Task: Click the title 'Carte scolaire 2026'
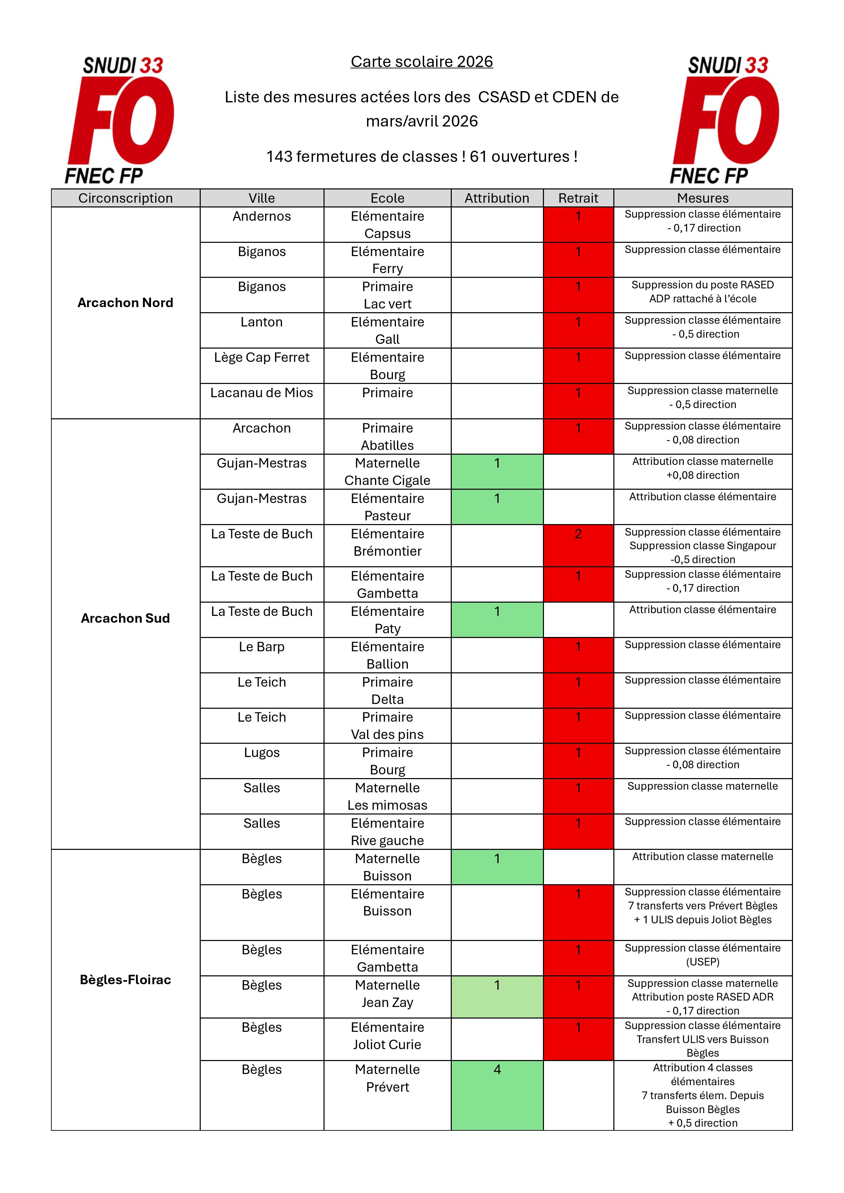click(x=421, y=62)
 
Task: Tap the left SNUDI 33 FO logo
click(x=120, y=120)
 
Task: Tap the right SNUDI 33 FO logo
click(x=726, y=120)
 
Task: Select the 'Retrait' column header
click(x=578, y=198)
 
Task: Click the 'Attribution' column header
click(x=497, y=198)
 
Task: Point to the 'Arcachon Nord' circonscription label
click(x=125, y=302)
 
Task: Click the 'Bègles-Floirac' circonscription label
click(x=125, y=979)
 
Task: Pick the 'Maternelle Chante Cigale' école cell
click(x=387, y=471)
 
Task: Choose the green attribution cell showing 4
click(x=497, y=1095)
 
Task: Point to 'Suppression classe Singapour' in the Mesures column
click(x=702, y=545)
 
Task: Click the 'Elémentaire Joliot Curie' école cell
click(x=387, y=1036)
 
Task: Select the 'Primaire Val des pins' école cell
click(x=387, y=725)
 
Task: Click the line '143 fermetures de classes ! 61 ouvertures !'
click(x=421, y=156)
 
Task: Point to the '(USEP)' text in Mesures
click(x=702, y=962)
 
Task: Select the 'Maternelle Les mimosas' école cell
click(x=387, y=796)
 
